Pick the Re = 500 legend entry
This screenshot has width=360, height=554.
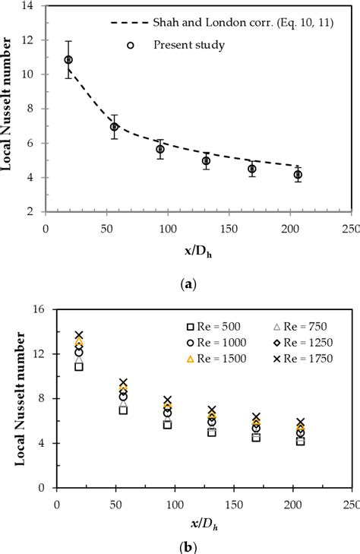(x=225, y=326)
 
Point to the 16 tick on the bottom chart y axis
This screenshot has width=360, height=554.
(x=43, y=309)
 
